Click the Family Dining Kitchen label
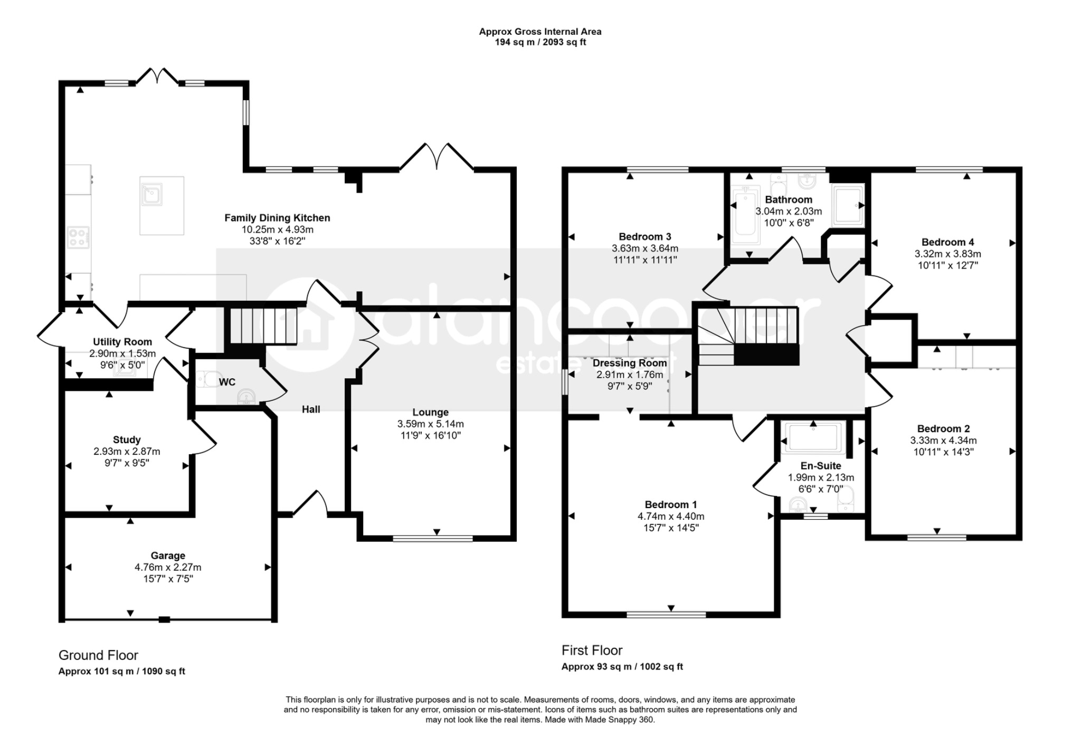pos(277,218)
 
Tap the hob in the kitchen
pos(78,237)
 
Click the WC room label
pos(227,382)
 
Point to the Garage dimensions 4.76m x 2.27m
pos(168,567)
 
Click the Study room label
pos(127,440)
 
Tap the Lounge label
pos(431,413)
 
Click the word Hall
pos(311,409)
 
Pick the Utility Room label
pos(122,342)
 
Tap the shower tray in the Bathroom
pos(848,205)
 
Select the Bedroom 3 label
pos(645,237)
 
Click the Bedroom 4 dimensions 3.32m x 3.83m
pos(948,254)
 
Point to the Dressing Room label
pos(630,363)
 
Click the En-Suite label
pos(821,466)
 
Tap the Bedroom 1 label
pos(671,505)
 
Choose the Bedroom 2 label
pos(943,429)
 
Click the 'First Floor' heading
pos(592,650)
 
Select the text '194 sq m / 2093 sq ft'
pos(540,42)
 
